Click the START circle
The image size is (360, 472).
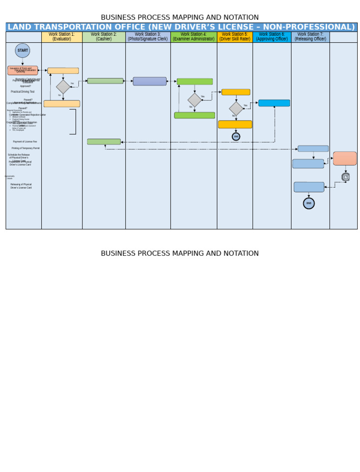(x=22, y=50)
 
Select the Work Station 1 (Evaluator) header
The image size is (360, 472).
(x=61, y=37)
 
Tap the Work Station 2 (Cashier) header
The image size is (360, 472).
(x=104, y=37)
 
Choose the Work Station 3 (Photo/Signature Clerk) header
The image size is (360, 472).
(x=148, y=37)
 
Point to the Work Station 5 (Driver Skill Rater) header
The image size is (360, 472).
(x=235, y=37)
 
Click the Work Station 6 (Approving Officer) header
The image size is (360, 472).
(x=272, y=37)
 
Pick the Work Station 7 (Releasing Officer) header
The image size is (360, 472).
(x=310, y=37)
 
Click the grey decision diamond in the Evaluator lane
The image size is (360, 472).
(x=63, y=87)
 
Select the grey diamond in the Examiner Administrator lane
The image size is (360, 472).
(x=195, y=100)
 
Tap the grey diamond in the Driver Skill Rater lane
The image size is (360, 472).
(x=236, y=108)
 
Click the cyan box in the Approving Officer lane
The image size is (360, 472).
(x=274, y=103)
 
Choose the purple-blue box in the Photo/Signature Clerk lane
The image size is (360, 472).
(x=150, y=81)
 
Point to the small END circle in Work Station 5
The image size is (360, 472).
(x=236, y=137)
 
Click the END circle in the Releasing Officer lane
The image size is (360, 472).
(x=309, y=203)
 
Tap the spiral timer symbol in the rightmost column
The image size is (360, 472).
(x=346, y=177)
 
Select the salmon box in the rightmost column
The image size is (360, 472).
(x=345, y=158)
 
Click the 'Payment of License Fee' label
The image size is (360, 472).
(x=25, y=142)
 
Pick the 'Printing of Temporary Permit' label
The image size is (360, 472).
(x=26, y=148)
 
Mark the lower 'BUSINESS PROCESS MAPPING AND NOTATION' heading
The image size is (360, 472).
(x=180, y=253)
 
